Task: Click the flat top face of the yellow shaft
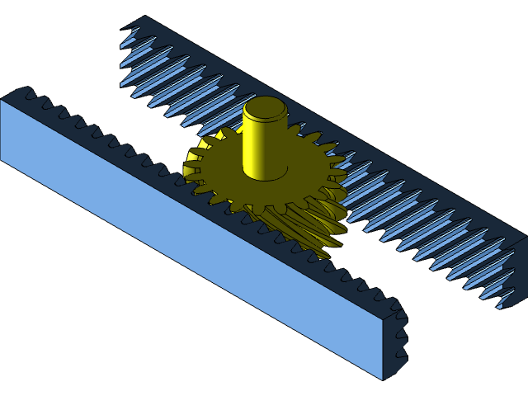coord(265,107)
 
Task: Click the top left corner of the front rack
coord(2,100)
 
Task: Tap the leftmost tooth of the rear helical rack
coord(130,37)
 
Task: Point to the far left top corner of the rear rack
coord(145,16)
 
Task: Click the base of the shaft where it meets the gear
coord(265,176)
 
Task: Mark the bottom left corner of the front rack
coord(2,158)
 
